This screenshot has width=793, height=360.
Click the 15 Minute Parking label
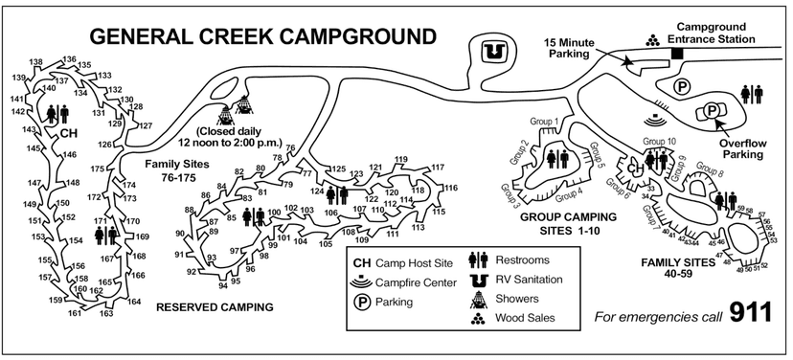tap(571, 48)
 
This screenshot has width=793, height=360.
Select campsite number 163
tap(106, 313)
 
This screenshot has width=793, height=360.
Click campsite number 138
tap(36, 62)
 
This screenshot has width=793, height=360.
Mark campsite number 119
tap(400, 159)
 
